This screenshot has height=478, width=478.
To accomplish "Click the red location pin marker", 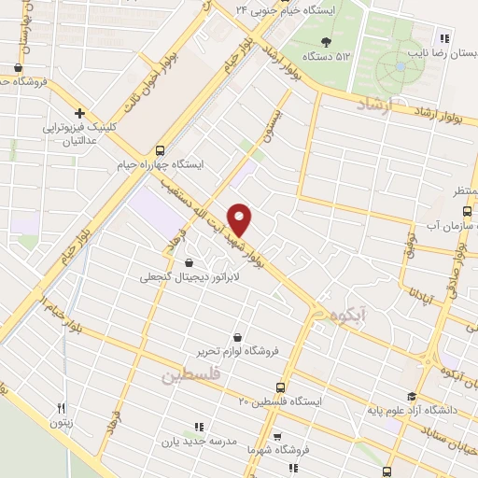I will [240, 218].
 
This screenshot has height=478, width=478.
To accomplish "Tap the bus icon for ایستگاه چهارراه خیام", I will [161, 149].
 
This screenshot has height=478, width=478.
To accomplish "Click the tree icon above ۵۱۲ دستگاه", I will [325, 41].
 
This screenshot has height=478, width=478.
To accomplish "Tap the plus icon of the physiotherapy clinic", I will [80, 113].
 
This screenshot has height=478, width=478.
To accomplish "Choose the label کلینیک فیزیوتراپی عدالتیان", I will [81, 133].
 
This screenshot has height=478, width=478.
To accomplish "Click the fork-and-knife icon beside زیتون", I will [62, 407].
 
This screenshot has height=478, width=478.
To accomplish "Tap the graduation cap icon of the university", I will [413, 397].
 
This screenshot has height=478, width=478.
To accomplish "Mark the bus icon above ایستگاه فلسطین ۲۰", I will [280, 387].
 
